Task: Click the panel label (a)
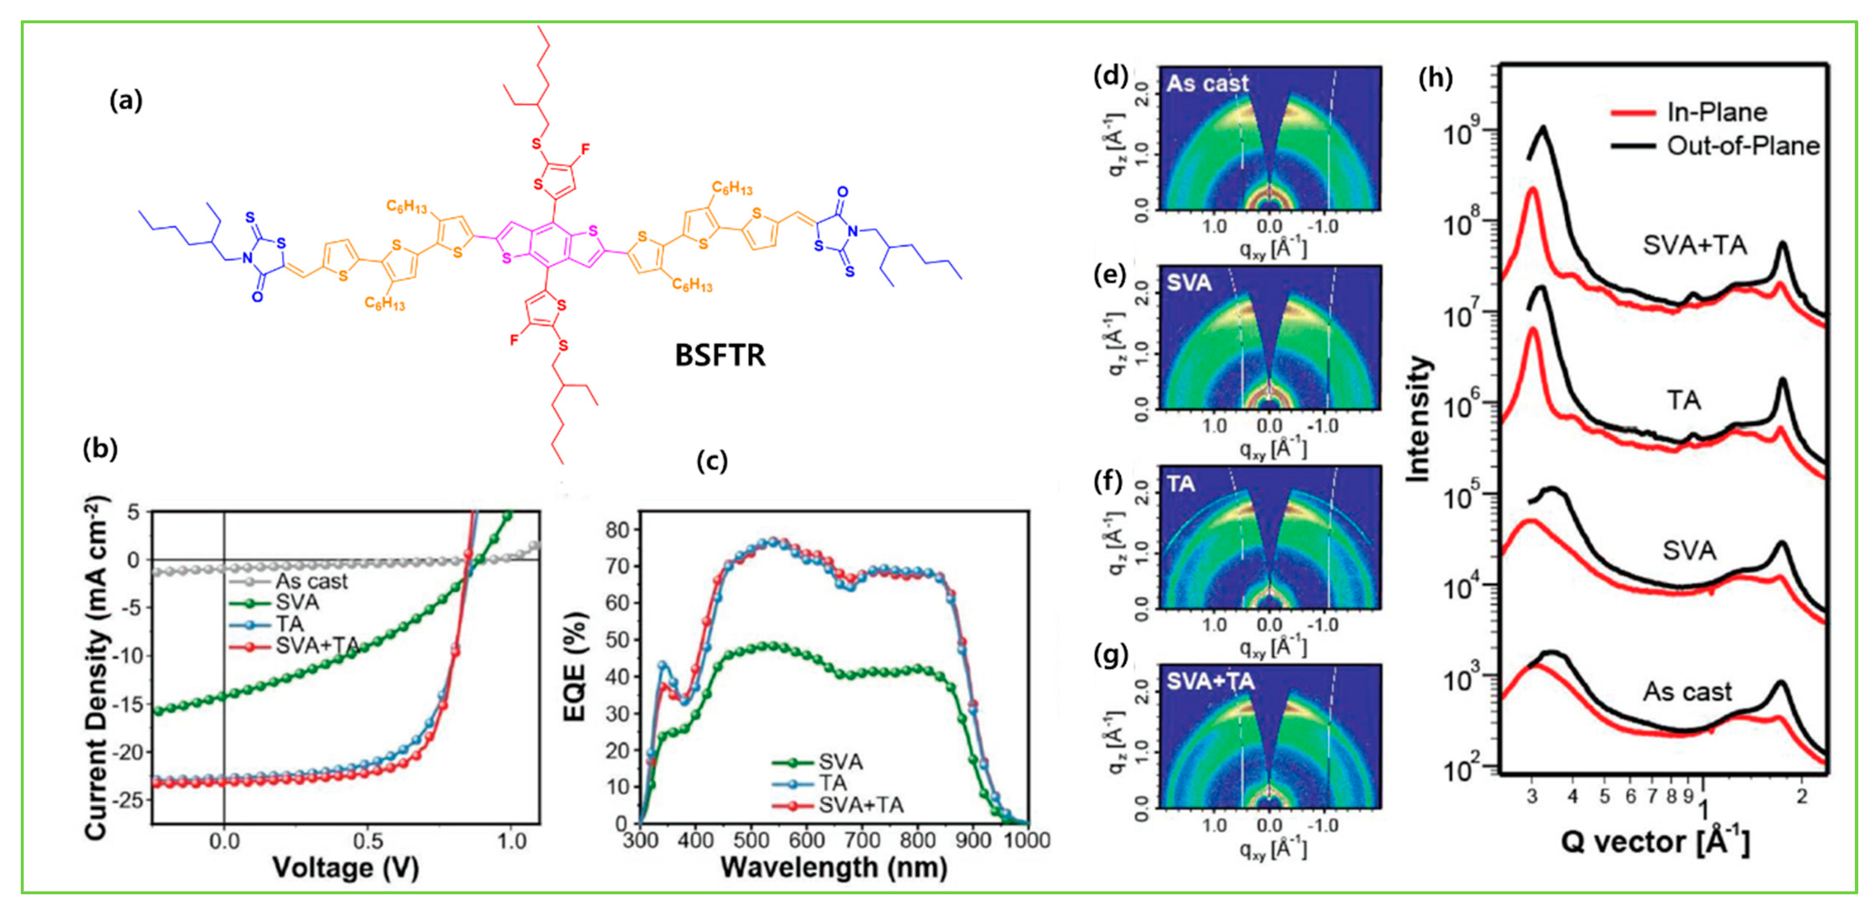pos(125,100)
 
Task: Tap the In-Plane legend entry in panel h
pos(1716,112)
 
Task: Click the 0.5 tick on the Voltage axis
pos(368,841)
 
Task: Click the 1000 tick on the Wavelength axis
pos(1027,840)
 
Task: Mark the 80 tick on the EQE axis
pos(618,530)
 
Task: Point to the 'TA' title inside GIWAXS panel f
pos(1180,484)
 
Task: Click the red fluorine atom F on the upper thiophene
pos(585,149)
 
